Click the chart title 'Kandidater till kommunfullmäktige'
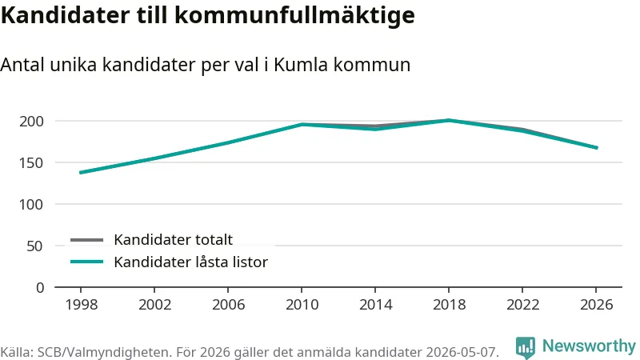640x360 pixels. pyautogui.click(x=208, y=15)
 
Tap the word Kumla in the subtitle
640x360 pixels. pyautogui.click(x=301, y=65)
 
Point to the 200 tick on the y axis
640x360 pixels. pyautogui.click(x=31, y=122)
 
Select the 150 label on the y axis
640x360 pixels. pyautogui.click(x=31, y=163)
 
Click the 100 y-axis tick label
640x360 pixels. pyautogui.click(x=31, y=205)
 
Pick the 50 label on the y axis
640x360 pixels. pyautogui.click(x=34, y=246)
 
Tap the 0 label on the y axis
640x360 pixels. pyautogui.click(x=39, y=288)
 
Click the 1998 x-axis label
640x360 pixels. pyautogui.click(x=82, y=305)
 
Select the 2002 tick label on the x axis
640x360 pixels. pyautogui.click(x=154, y=305)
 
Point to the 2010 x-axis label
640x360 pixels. pyautogui.click(x=302, y=305)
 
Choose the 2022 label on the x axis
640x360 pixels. pyautogui.click(x=523, y=305)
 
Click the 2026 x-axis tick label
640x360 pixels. pyautogui.click(x=596, y=305)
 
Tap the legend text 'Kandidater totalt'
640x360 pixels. pyautogui.click(x=173, y=239)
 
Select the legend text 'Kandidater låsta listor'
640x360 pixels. pyautogui.click(x=190, y=262)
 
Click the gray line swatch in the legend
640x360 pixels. pyautogui.click(x=86, y=240)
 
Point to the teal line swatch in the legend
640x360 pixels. pyautogui.click(x=86, y=262)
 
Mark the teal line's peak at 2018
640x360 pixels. pyautogui.click(x=449, y=121)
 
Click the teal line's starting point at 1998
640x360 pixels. pyautogui.click(x=81, y=173)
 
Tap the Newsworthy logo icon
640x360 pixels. pyautogui.click(x=526, y=348)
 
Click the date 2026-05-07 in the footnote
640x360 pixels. pyautogui.click(x=462, y=352)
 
